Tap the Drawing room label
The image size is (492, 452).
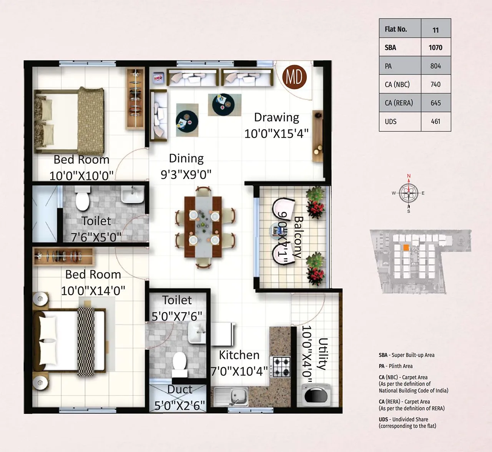coord(276,117)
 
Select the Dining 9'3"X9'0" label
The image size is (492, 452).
coord(186,166)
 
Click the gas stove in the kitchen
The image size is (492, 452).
coord(282,366)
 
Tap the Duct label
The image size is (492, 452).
coord(180,389)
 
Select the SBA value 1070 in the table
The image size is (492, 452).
coord(435,48)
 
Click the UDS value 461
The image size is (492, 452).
coord(435,121)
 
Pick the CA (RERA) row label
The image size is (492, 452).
coord(399,103)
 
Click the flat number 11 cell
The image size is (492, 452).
coord(435,30)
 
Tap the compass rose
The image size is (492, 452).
coord(408,193)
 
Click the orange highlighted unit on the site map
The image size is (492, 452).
coord(405,248)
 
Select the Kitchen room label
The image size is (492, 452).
coord(239,355)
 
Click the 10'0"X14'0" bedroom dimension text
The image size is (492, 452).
coord(93,290)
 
